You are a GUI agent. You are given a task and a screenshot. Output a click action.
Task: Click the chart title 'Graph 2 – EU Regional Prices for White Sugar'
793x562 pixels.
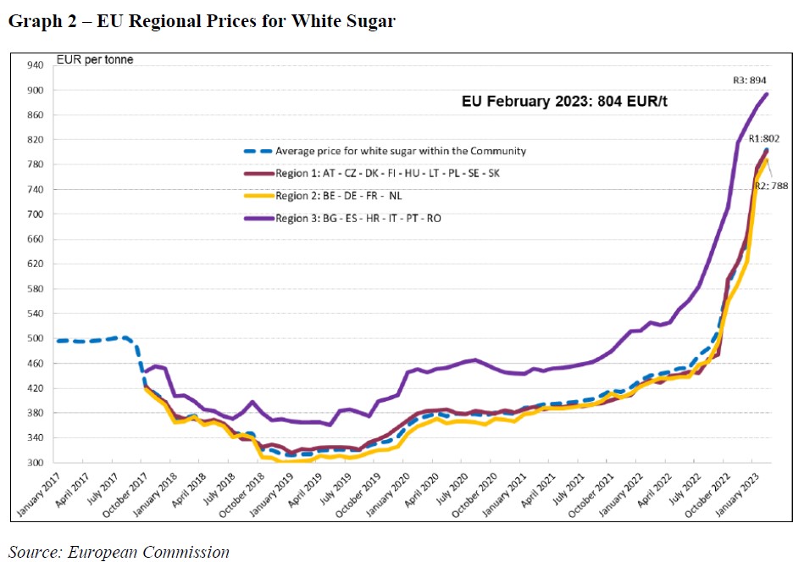coord(202,22)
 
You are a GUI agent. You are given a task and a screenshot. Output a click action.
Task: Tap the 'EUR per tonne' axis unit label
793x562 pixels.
coord(94,59)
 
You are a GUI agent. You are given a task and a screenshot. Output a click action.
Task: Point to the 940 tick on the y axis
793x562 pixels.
coord(36,64)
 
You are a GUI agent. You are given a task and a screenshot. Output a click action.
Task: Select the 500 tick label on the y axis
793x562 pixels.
coord(36,338)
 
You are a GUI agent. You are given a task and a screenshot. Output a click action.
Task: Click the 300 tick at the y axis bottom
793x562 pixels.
coord(36,463)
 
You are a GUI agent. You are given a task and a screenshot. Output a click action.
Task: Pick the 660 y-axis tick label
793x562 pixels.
coord(36,239)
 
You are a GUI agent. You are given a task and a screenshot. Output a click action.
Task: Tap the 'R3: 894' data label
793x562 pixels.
coord(750,81)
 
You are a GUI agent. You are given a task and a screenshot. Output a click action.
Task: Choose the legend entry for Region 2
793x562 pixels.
coord(348,196)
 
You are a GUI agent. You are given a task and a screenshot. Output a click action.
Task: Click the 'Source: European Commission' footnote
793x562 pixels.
coord(119,552)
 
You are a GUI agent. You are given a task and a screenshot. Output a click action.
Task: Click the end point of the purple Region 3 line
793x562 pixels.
coord(767,94)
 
